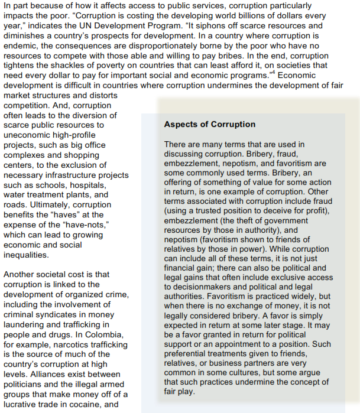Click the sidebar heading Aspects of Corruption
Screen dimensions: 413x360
click(x=209, y=125)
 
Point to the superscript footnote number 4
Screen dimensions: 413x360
click(x=274, y=73)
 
